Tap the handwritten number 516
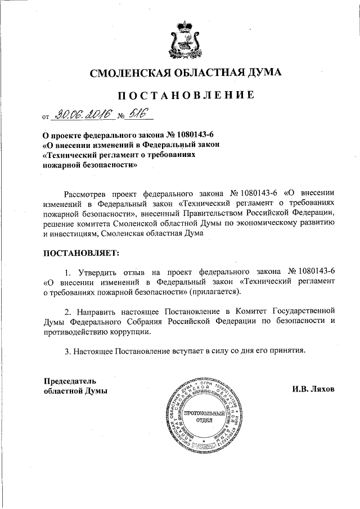[137, 114]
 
